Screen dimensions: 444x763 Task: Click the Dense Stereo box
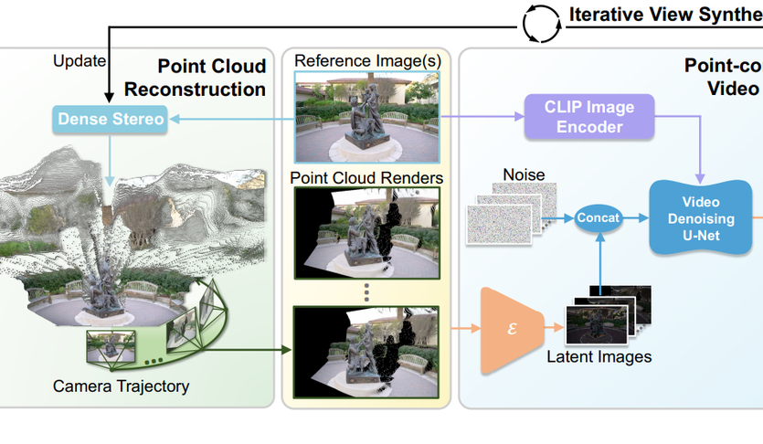click(x=111, y=119)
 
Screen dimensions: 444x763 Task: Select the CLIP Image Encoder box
click(x=591, y=116)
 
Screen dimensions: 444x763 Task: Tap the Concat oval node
click(x=599, y=217)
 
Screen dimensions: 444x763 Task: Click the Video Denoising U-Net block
click(x=701, y=217)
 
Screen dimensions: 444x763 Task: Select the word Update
click(x=79, y=61)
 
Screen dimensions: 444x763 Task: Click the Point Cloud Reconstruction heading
click(x=196, y=78)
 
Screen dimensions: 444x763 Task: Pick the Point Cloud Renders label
click(x=366, y=176)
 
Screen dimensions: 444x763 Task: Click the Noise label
click(x=524, y=174)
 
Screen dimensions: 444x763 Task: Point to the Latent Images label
click(x=599, y=356)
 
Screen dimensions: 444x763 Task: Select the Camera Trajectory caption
click(x=121, y=386)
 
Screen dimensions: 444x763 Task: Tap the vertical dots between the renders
click(x=366, y=291)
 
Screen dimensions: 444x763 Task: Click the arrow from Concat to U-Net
click(x=634, y=217)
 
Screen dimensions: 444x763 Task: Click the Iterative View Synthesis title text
click(x=664, y=15)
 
